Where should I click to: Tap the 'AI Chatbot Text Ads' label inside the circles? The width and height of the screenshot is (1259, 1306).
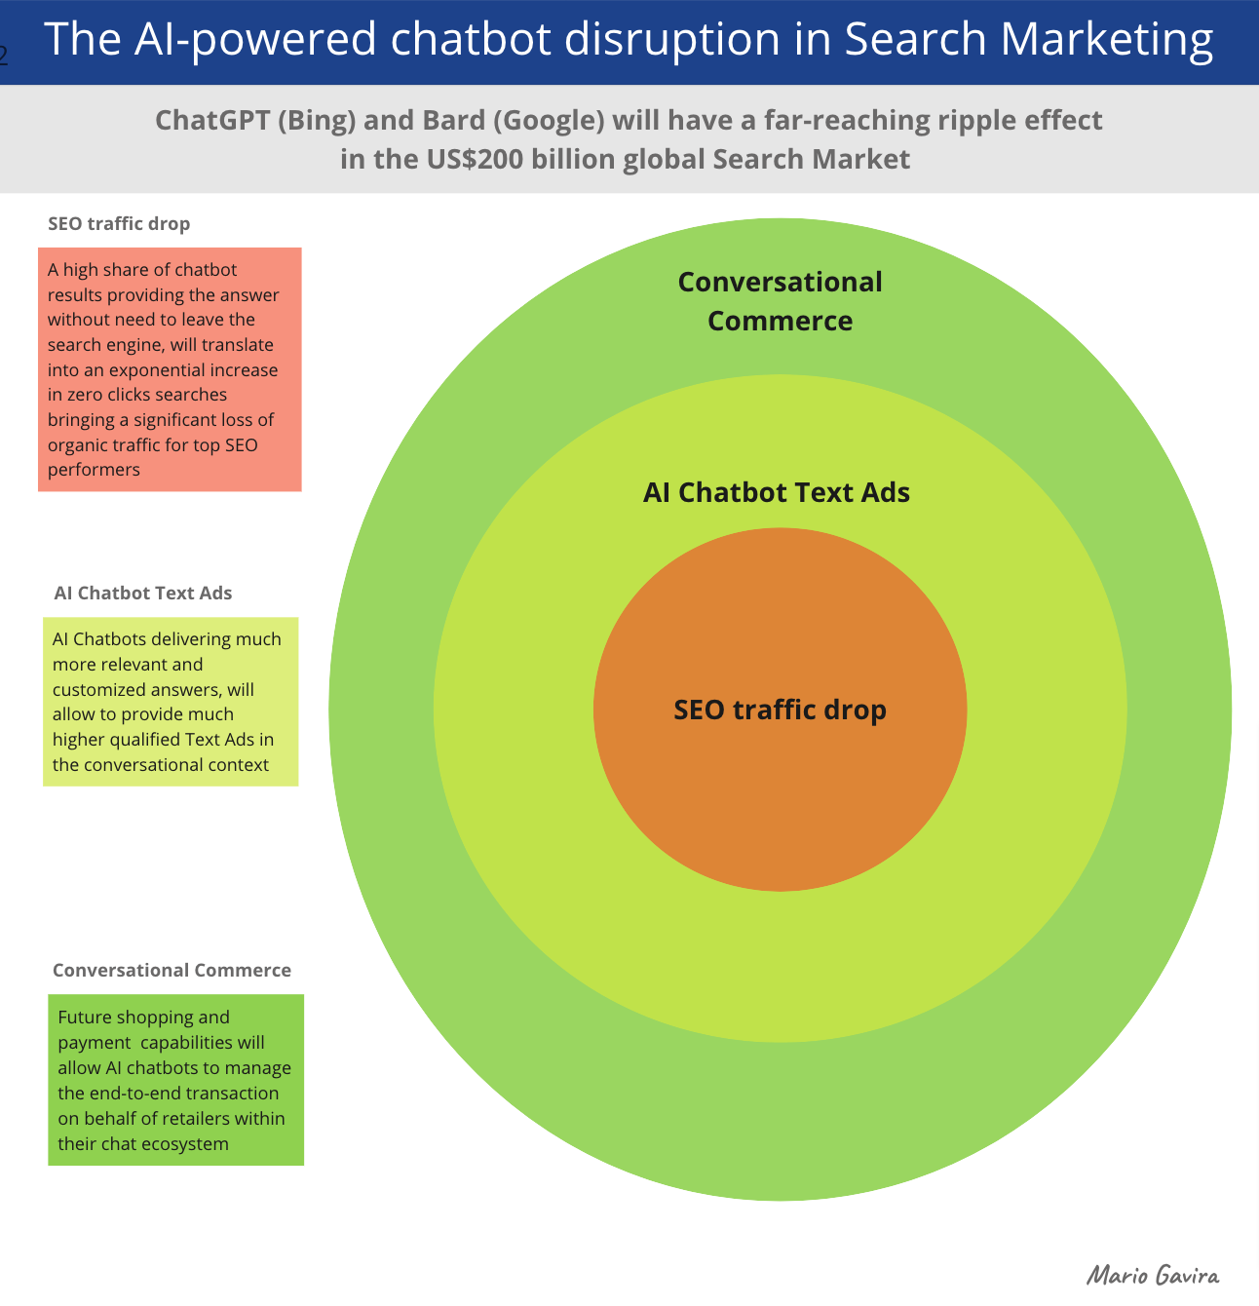777,492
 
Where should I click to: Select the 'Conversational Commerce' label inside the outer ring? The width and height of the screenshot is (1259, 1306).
780,301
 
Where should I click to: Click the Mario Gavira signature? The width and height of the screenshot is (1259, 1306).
1153,1275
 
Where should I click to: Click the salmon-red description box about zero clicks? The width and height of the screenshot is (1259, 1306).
170,368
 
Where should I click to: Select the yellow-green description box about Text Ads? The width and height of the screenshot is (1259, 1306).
171,701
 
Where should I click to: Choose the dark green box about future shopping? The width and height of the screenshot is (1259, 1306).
176,1080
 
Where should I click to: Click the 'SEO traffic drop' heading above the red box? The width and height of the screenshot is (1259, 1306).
119,223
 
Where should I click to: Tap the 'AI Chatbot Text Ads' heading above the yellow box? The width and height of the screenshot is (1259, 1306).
143,593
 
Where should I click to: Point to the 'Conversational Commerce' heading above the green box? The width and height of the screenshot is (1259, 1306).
172,970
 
